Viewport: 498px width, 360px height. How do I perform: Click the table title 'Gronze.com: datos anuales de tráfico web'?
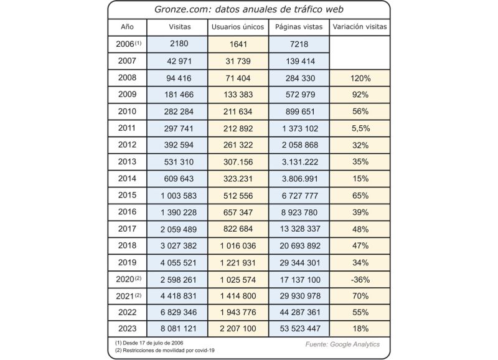point(248,9)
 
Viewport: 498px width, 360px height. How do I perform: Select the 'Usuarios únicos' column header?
point(238,27)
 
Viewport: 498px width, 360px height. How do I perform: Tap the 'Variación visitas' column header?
point(360,27)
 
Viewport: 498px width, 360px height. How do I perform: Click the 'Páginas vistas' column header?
point(299,27)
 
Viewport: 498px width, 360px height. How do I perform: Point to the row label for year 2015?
point(127,195)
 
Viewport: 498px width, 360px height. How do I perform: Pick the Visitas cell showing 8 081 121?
point(179,328)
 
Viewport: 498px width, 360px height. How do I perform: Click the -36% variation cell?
point(360,280)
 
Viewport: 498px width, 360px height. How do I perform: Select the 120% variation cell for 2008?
point(360,78)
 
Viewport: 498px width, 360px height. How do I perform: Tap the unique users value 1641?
point(238,44)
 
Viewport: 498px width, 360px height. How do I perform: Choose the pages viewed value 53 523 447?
point(300,328)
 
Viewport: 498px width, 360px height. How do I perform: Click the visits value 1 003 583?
point(179,196)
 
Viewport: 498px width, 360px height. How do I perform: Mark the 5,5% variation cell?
point(361,128)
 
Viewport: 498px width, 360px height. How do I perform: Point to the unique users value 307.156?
point(238,162)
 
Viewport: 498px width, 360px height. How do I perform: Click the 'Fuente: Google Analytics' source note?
point(342,344)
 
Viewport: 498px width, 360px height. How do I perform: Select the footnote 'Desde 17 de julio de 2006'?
point(149,343)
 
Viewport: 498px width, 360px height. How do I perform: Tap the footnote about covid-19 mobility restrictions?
point(164,351)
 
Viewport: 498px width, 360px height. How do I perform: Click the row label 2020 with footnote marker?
point(128,279)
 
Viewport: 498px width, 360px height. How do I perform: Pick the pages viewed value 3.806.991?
point(300,179)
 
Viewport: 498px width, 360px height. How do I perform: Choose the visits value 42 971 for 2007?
point(179,61)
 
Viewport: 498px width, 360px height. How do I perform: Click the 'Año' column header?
point(127,27)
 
